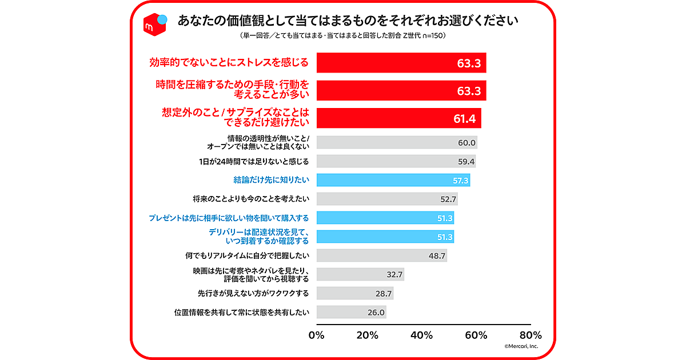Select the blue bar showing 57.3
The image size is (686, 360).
[x=393, y=180]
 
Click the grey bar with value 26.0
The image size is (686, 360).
[x=350, y=312]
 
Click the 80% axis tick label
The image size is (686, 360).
[x=531, y=335]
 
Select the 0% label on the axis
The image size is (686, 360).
[x=317, y=335]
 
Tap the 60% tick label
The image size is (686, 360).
[x=477, y=335]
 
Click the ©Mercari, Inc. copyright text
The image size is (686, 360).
[x=521, y=346]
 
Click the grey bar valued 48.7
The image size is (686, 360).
[x=381, y=255]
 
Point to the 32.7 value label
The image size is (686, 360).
[x=394, y=274]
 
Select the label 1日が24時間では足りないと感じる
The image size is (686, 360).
[x=252, y=161]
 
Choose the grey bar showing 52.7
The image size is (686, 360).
[x=386, y=199]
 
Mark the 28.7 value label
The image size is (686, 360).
[x=384, y=293]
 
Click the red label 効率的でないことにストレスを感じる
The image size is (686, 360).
[x=229, y=62]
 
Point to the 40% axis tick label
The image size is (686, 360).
[x=423, y=335]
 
